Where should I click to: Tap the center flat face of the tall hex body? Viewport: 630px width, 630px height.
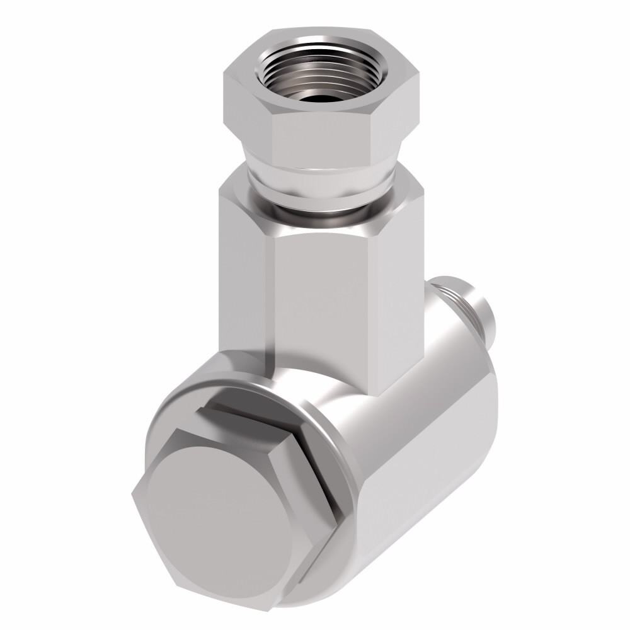328,302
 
